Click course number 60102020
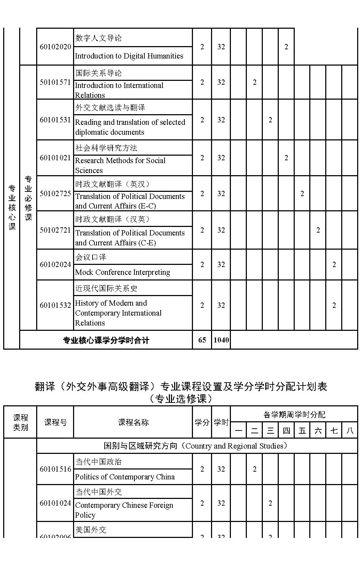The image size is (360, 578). coord(55,47)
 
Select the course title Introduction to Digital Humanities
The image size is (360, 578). coord(129,56)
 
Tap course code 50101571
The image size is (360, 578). coord(55,82)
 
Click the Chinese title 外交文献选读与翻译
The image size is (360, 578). coord(110,107)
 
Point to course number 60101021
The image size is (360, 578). coord(55,158)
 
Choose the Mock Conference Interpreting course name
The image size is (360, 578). coord(122,272)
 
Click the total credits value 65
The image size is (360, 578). coord(202,340)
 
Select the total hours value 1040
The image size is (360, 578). coord(221,340)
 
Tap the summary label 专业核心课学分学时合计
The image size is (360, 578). coord(106,340)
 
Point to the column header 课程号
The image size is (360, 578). coord(55,422)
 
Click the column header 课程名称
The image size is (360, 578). coord(133,422)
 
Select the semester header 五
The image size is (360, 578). coord(302,431)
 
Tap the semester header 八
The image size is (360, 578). coord(350,431)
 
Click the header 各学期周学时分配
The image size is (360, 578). coord(294,415)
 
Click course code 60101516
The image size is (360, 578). coord(55,469)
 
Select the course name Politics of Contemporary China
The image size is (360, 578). coord(125,477)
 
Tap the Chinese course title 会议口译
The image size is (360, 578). coord(91,257)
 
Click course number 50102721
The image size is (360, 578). coord(55,230)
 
